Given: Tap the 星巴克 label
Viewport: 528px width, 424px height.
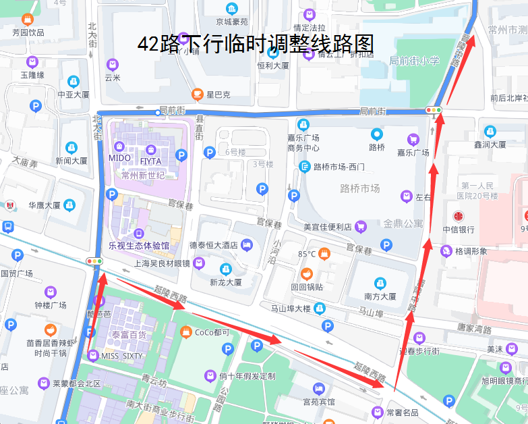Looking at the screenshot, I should coord(218,94).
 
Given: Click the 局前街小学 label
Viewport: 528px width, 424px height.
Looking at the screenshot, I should coord(414,61).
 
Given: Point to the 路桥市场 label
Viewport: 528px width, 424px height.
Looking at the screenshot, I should coord(360,188).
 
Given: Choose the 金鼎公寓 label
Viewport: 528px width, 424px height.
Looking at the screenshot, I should coord(403,223).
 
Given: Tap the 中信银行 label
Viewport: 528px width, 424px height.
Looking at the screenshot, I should coord(459,230).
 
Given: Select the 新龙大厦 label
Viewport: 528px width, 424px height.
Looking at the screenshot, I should coord(225,282).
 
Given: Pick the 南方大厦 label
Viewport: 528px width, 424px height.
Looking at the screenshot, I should coord(380,296).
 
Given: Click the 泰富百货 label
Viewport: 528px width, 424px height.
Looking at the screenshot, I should coord(129,334).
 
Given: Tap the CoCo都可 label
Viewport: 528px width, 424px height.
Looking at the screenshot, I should coord(212,332).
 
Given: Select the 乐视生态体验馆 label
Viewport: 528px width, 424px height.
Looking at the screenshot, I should coord(138,245).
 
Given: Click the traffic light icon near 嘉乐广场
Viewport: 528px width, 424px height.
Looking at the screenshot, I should coord(433,109).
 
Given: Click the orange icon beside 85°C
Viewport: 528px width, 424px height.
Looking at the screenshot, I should coord(324,254).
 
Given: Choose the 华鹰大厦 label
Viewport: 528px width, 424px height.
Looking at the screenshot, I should coord(45,205).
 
